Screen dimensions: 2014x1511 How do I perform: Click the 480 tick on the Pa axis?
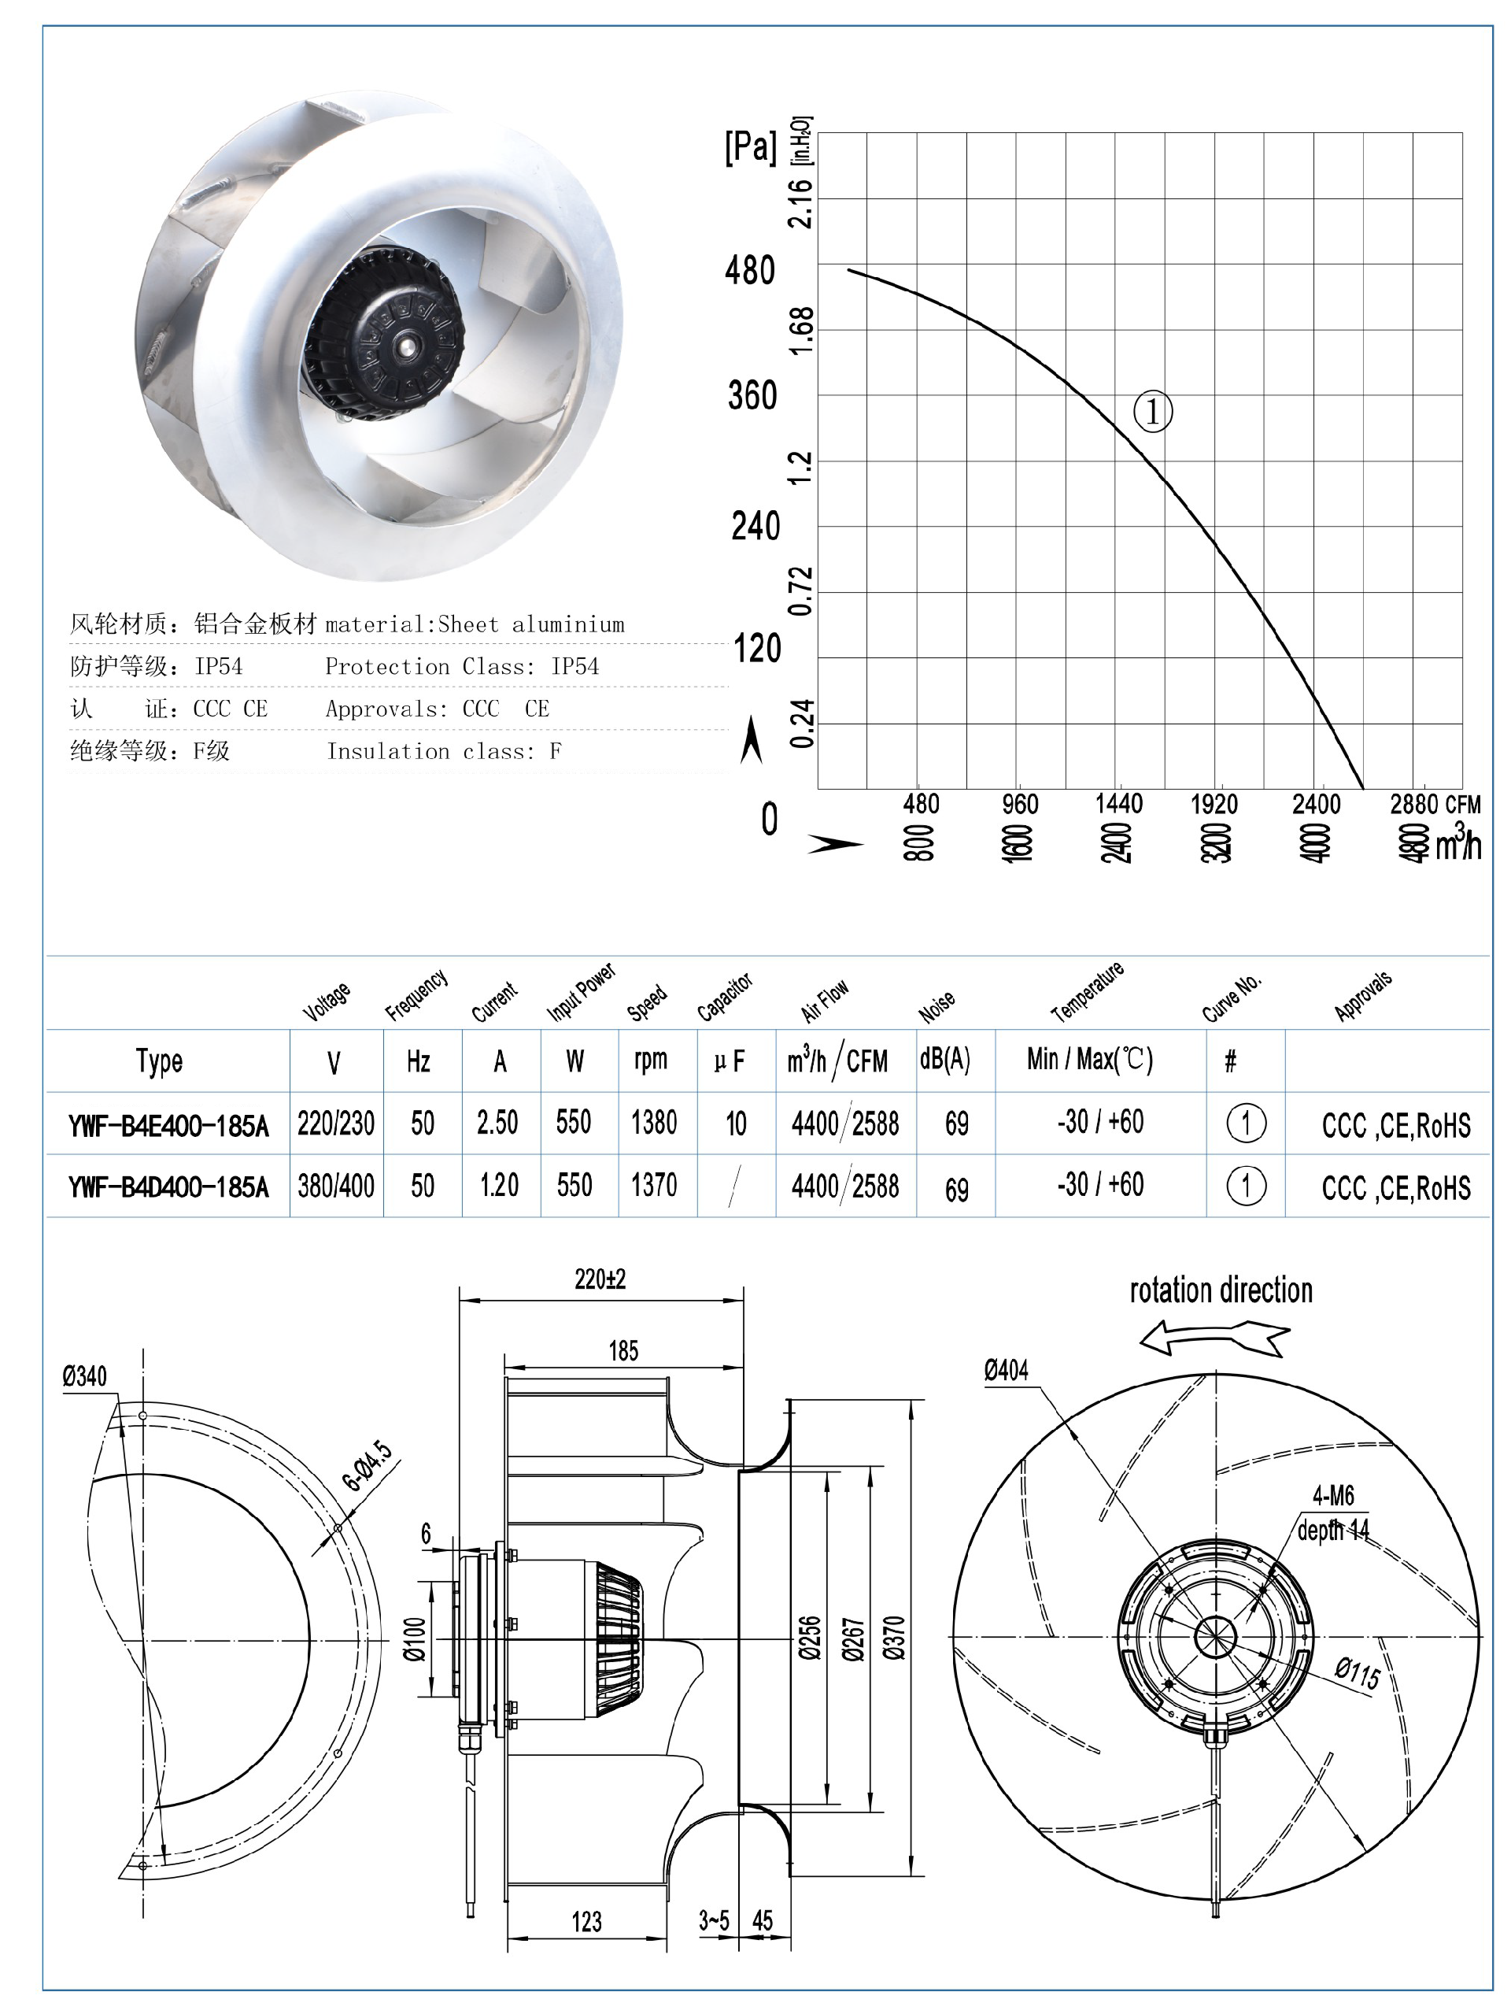(749, 270)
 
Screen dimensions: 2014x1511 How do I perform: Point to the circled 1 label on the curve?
(1152, 412)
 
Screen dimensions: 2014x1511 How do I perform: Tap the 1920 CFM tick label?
(1214, 804)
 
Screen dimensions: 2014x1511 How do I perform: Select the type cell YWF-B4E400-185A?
(168, 1126)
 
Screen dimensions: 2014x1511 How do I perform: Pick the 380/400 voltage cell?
(336, 1186)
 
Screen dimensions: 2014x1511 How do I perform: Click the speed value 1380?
(653, 1123)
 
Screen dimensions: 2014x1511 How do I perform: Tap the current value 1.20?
(499, 1186)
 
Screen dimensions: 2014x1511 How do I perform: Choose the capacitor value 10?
(736, 1124)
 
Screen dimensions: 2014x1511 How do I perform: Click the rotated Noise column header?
(937, 1005)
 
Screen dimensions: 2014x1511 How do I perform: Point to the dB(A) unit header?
(945, 1059)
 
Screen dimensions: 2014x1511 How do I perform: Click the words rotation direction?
(1221, 1291)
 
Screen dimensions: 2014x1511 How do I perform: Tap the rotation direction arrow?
(1214, 1338)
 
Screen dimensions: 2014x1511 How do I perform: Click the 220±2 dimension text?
(600, 1279)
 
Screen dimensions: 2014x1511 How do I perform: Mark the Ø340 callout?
(85, 1375)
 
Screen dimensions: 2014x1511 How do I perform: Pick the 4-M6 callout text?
(1332, 1495)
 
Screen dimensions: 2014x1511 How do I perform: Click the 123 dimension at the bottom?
(586, 1922)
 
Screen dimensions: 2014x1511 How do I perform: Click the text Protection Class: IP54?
(461, 666)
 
